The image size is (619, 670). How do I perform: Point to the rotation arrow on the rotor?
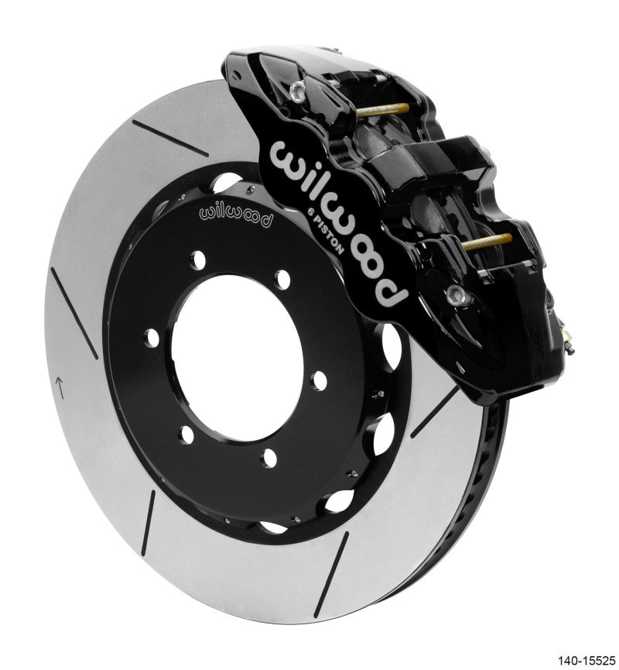(60, 384)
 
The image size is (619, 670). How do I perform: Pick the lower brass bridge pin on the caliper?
(486, 241)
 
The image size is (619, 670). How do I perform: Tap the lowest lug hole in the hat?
(268, 459)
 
